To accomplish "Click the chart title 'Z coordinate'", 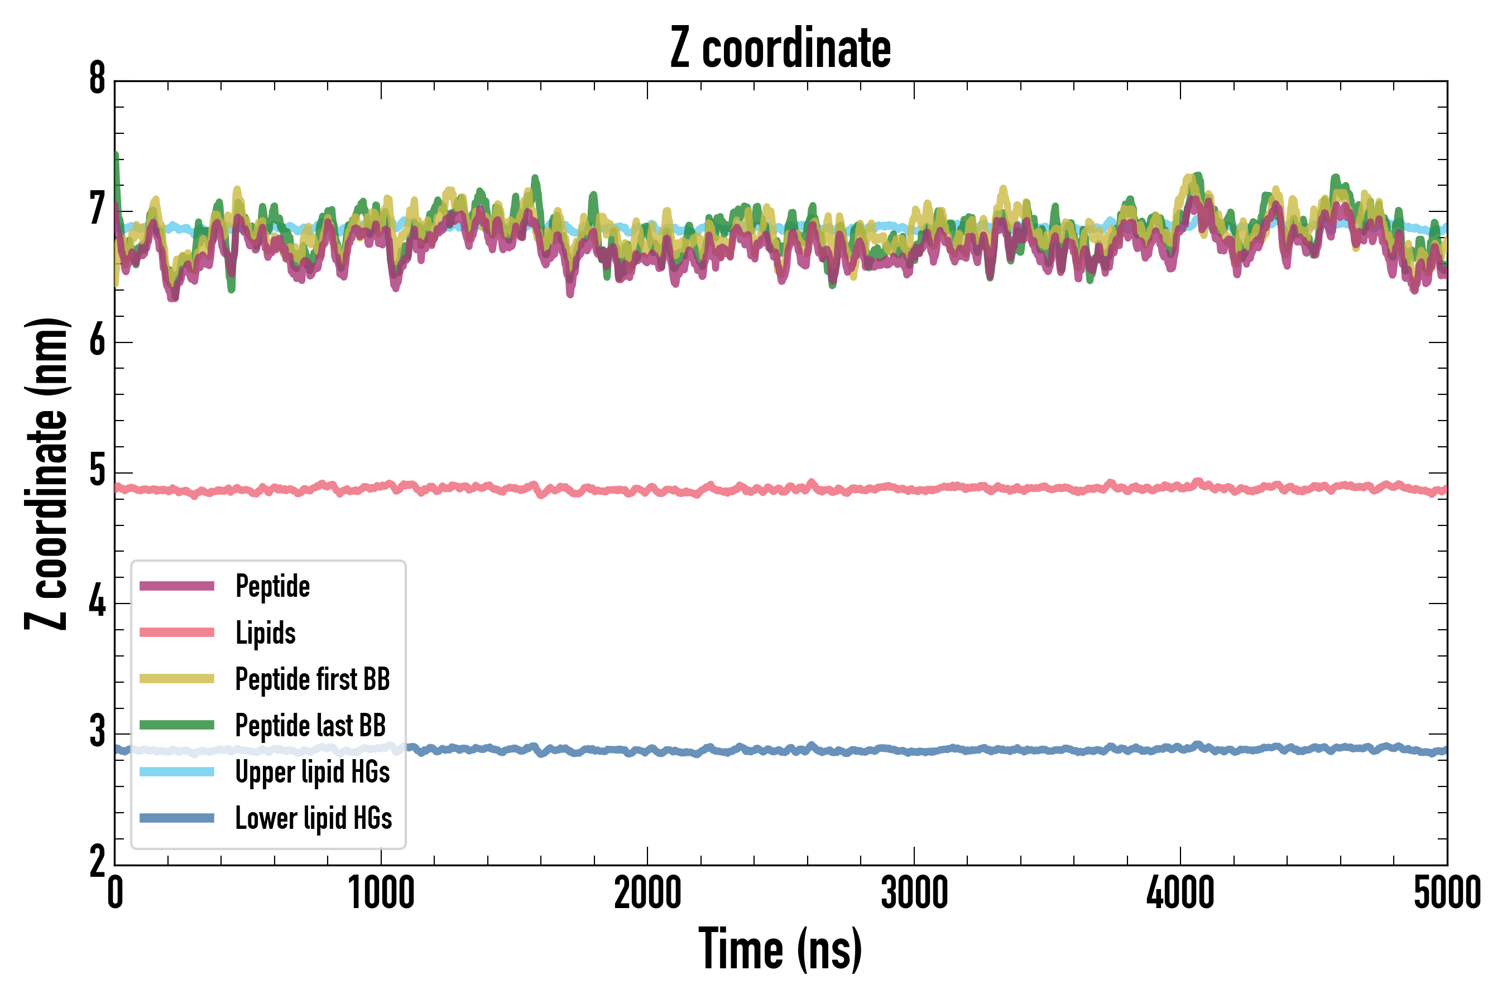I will pos(780,49).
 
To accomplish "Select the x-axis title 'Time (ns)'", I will pos(780,949).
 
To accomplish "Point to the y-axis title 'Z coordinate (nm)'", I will pos(46,474).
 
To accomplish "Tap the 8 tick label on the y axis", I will pos(97,79).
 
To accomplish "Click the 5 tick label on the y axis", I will pos(97,471).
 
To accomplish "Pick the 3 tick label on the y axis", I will pos(97,732).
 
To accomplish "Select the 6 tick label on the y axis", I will pos(97,341).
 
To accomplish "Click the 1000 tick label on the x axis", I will pos(381,893).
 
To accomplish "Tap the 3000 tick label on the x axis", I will pos(914,893).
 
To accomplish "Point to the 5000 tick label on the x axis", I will pos(1447,893).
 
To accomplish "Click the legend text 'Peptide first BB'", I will pos(313,679).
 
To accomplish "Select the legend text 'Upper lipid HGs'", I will pos(313,772).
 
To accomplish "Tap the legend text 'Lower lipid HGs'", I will pos(313,819).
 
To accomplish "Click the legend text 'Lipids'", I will pos(266,633).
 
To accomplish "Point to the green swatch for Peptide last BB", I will pos(177,725).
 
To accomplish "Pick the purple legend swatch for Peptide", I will pos(177,586).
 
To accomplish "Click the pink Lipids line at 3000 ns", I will pos(914,490).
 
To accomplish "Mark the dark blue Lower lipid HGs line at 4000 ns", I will pos(1180,749).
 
